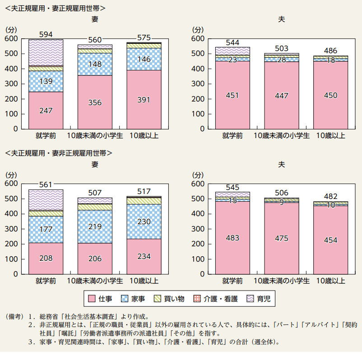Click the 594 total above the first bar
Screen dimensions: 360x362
pos(46,34)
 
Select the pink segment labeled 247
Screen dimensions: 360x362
pos(46,110)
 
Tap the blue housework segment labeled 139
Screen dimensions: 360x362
pos(46,82)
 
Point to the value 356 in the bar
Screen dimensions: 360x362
pos(95,102)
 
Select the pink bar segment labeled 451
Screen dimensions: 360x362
pos(232,96)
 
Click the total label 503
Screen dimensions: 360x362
pos(282,48)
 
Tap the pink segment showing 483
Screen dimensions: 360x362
pos(232,238)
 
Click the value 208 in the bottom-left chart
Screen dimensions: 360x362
pos(46,258)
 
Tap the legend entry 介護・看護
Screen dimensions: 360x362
pos(213,298)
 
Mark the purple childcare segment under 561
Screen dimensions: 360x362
pos(46,199)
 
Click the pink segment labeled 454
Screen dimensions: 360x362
pos(330,240)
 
